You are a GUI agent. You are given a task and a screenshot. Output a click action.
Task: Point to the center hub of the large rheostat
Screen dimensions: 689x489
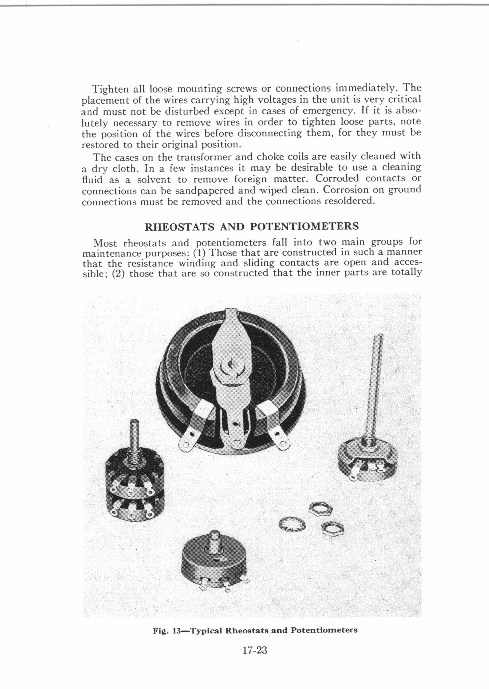[x=232, y=364]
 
